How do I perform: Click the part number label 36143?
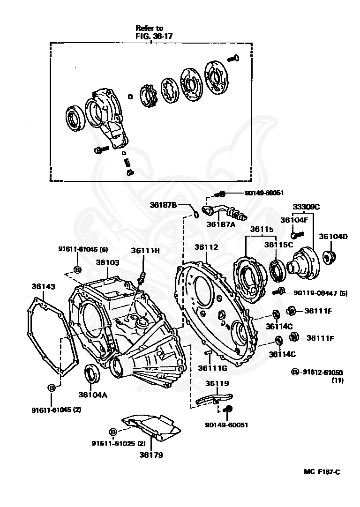tap(43, 286)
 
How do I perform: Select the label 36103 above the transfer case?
tap(108, 263)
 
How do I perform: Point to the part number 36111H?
tap(145, 251)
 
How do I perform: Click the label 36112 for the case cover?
tap(207, 247)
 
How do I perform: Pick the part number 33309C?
tap(306, 207)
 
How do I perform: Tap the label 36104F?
tap(294, 219)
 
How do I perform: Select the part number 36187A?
tap(221, 224)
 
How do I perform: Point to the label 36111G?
tap(212, 368)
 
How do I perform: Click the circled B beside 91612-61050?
tap(295, 372)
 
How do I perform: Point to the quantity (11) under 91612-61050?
tap(337, 380)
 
